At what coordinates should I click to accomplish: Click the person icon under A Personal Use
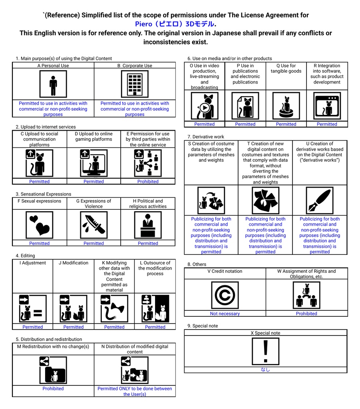click(x=53, y=84)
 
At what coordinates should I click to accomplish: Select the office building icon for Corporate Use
click(x=135, y=84)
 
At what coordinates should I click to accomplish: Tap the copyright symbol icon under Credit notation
click(x=225, y=295)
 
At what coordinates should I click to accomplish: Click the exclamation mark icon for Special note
click(x=266, y=351)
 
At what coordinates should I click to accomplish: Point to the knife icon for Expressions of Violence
click(x=93, y=225)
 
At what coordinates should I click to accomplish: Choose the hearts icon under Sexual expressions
click(x=40, y=225)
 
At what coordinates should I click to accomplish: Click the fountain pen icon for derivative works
click(x=320, y=201)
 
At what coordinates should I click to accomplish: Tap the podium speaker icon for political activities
click(x=148, y=225)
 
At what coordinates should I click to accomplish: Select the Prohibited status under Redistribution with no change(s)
click(x=53, y=388)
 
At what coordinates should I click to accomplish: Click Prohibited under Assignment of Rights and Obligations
click(x=306, y=314)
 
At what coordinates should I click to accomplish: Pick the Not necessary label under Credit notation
click(x=225, y=314)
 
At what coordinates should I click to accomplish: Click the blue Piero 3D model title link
click(x=175, y=24)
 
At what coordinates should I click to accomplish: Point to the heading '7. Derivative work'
click(x=206, y=137)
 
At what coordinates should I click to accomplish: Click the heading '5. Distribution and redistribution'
click(x=49, y=339)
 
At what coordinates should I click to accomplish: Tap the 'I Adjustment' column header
click(x=33, y=263)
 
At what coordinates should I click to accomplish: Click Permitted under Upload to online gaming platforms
click(x=93, y=181)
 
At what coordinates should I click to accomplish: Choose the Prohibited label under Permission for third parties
click(x=148, y=181)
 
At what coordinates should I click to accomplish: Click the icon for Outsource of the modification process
click(x=155, y=309)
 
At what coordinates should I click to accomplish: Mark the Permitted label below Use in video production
click(x=205, y=124)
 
